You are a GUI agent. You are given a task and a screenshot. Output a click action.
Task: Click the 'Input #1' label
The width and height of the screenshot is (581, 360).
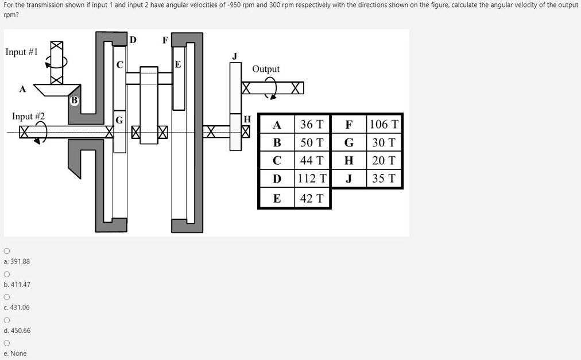[x=21, y=52]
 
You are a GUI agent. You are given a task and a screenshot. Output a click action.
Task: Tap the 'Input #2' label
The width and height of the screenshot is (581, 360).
[x=28, y=116]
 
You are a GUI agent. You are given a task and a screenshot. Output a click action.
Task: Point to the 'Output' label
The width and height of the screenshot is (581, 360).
[x=266, y=69]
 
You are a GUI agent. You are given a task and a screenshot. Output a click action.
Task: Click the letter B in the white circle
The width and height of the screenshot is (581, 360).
[x=74, y=100]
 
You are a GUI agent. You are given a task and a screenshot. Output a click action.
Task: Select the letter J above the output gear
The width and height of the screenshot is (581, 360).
[x=234, y=56]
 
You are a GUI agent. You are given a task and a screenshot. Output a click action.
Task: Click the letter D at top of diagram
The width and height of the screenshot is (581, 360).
[x=133, y=40]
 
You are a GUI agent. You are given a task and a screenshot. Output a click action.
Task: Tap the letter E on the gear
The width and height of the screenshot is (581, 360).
[x=178, y=64]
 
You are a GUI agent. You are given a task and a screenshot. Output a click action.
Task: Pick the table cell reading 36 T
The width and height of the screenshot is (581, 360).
[x=312, y=124]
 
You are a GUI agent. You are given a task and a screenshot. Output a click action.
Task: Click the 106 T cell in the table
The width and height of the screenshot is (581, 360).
[x=384, y=124]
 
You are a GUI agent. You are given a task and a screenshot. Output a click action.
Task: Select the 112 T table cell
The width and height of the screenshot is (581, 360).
[x=312, y=179]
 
